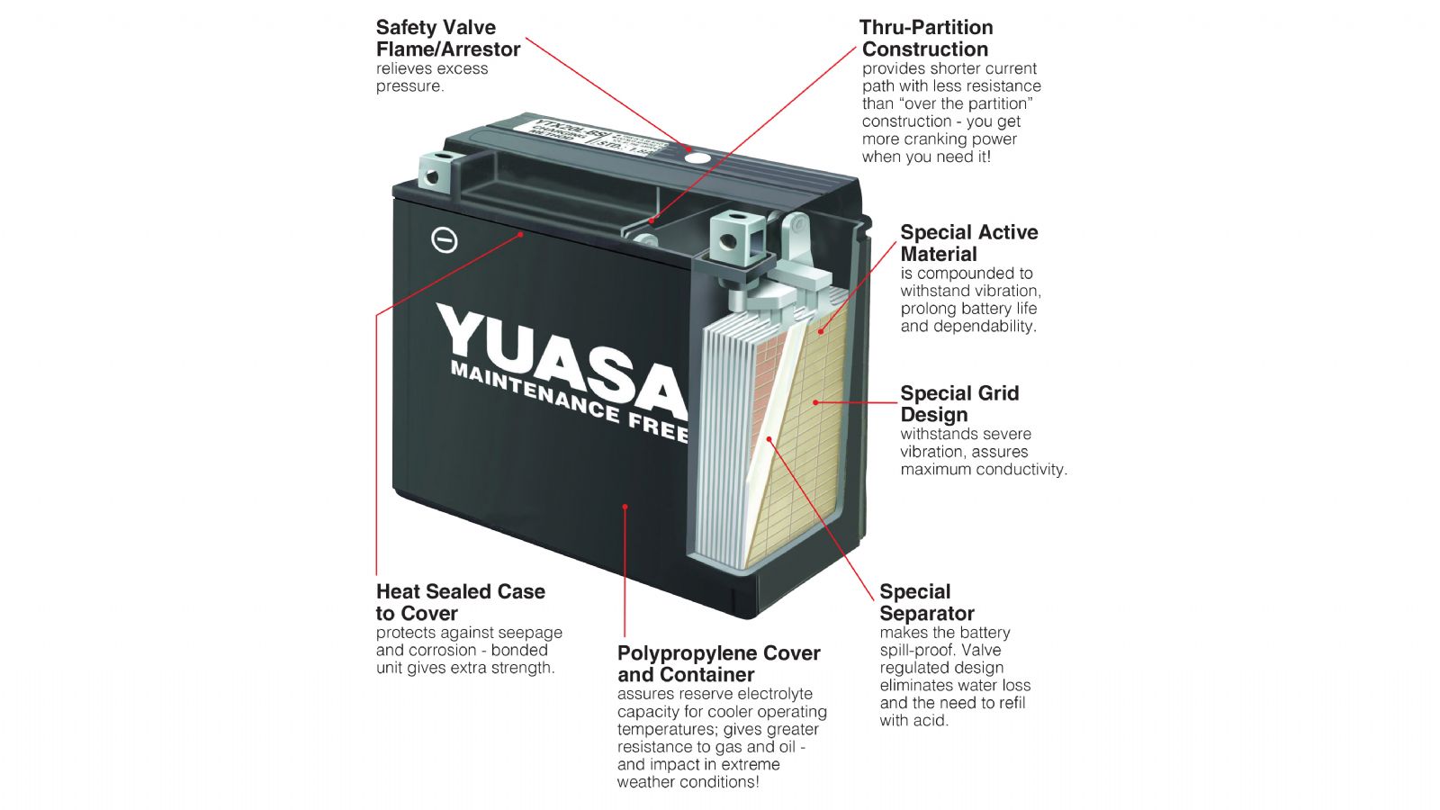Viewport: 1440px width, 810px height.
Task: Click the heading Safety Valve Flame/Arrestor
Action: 448,39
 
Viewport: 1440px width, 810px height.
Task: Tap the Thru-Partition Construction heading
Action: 926,39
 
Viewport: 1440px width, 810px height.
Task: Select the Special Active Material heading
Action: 969,243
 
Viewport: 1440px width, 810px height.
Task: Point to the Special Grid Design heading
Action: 959,404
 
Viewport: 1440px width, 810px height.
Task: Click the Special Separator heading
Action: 927,602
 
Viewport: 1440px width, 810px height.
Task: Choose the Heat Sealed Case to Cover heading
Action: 461,602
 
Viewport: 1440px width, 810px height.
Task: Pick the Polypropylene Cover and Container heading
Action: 718,663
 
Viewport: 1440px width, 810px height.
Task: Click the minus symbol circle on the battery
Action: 445,240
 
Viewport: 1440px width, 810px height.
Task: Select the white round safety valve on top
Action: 696,157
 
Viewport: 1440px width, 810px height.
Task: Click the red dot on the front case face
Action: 625,507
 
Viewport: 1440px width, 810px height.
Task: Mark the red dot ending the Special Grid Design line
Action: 816,402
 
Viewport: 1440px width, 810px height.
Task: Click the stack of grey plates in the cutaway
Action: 725,441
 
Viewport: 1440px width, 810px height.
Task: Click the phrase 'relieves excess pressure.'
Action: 432,77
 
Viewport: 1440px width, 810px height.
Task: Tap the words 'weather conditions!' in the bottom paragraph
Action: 688,782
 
